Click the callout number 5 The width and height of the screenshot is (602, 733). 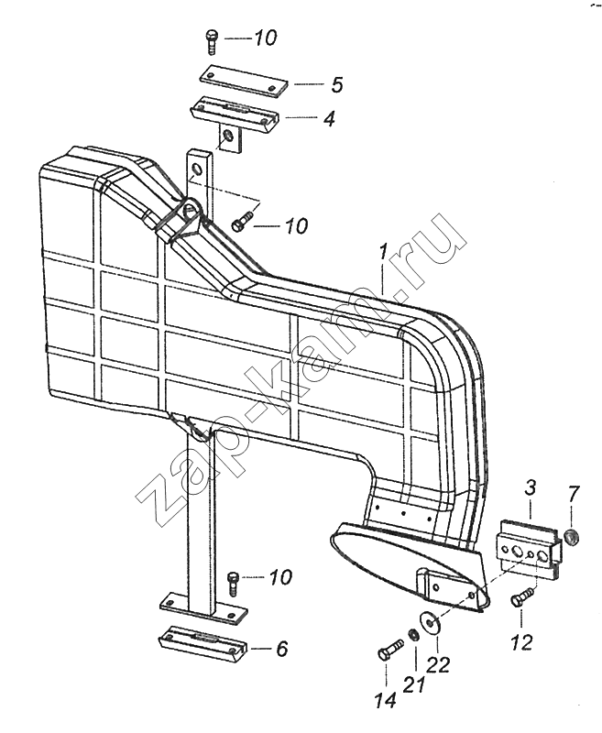click(337, 85)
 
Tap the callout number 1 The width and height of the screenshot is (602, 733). click(382, 255)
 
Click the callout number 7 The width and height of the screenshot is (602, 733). click(574, 495)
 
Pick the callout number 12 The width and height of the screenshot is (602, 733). click(522, 643)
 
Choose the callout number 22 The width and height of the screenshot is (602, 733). click(439, 665)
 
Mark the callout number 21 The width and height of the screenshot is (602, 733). click(415, 684)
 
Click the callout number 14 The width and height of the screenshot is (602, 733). click(385, 701)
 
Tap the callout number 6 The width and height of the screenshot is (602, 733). click(282, 650)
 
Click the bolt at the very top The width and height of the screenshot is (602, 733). click(211, 41)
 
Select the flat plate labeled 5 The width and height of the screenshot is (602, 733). click(244, 81)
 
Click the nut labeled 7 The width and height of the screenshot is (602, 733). click(572, 537)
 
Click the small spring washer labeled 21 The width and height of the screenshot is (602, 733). click(412, 634)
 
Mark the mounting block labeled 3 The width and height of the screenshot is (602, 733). click(528, 548)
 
